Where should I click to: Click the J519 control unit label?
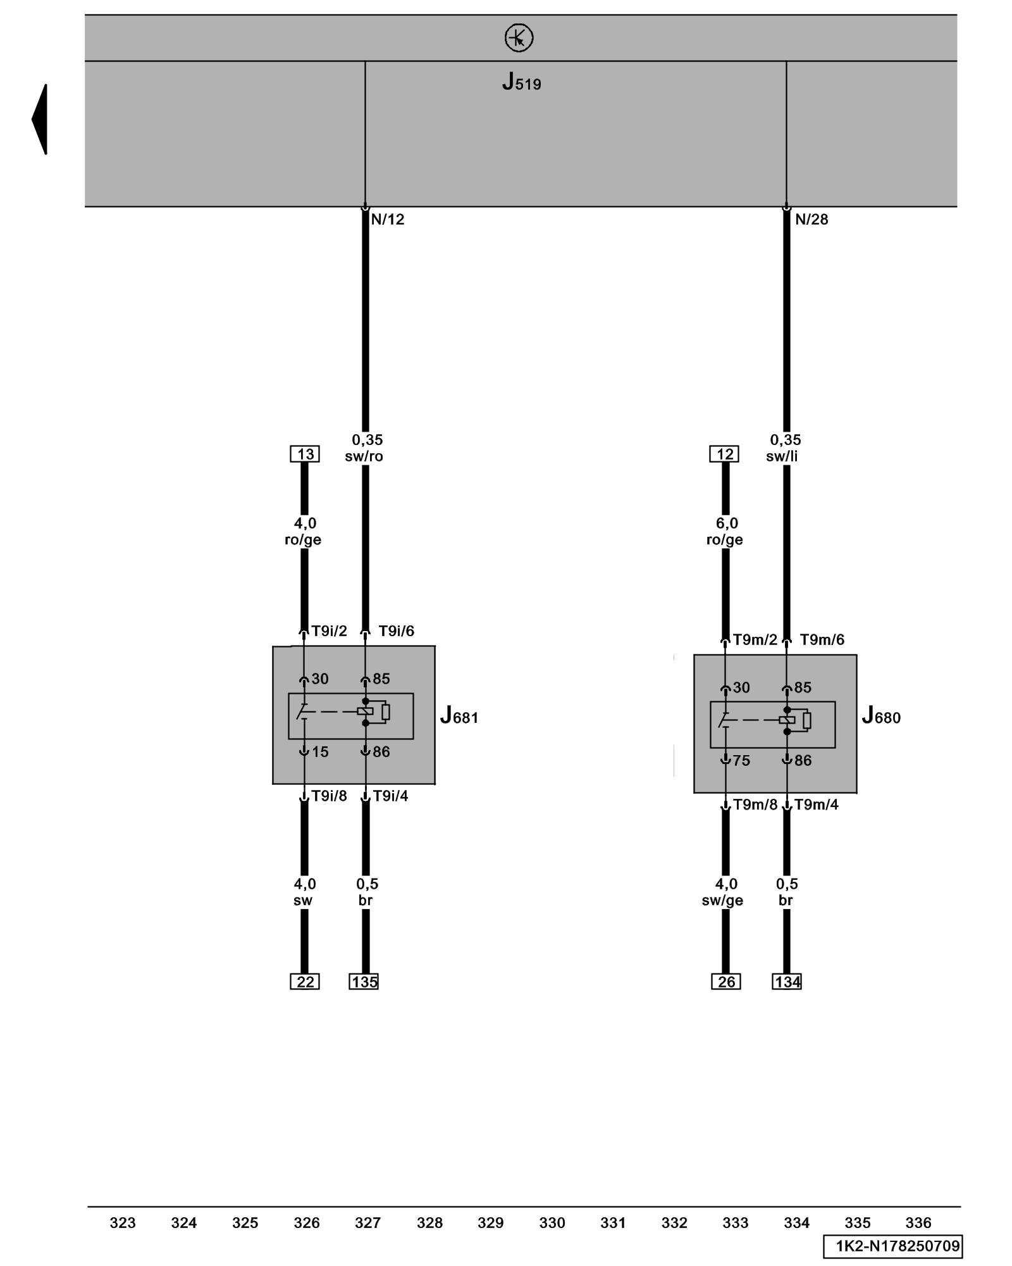point(521,82)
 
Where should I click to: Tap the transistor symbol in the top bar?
point(519,38)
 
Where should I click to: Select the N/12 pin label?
point(387,220)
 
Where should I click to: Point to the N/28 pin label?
point(811,220)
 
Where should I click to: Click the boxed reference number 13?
point(305,454)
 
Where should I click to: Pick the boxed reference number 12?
point(725,454)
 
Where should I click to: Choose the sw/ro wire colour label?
point(364,456)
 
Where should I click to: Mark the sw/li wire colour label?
point(782,456)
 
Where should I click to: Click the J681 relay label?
point(459,717)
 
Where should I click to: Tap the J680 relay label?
point(880,717)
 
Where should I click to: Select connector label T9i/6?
point(396,631)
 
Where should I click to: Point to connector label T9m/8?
point(755,805)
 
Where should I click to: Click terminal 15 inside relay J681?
point(320,752)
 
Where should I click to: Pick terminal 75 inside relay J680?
point(741,761)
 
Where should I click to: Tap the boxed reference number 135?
point(364,982)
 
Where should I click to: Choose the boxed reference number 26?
point(725,982)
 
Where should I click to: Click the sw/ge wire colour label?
point(722,900)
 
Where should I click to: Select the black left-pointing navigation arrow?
point(40,119)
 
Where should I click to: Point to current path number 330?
point(552,1223)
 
